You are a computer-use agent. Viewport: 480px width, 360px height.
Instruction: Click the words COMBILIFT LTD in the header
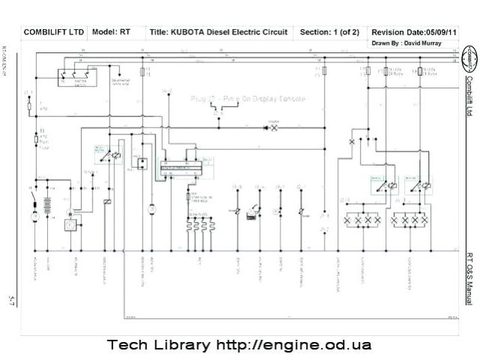tap(54, 33)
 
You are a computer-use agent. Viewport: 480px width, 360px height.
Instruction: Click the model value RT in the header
tap(124, 33)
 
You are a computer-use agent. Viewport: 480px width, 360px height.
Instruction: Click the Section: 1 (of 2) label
tap(329, 33)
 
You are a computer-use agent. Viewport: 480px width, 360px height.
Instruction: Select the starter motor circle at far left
tap(34, 217)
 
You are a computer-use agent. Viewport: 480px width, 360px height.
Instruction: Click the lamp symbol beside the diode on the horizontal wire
tap(274, 128)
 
